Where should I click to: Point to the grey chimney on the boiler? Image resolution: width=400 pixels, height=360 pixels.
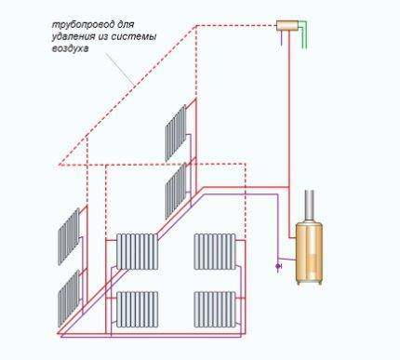coord(311,206)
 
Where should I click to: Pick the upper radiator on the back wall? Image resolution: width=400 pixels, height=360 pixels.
coord(176,133)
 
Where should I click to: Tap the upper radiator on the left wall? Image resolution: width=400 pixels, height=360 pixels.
coord(68,236)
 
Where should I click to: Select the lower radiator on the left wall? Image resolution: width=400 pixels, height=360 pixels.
coord(68,295)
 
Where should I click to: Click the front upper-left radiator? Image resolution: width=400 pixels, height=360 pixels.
coord(138,251)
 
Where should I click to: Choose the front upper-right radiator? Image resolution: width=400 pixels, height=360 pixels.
coord(213,251)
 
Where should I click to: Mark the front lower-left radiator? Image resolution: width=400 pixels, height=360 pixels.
coord(138,308)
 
